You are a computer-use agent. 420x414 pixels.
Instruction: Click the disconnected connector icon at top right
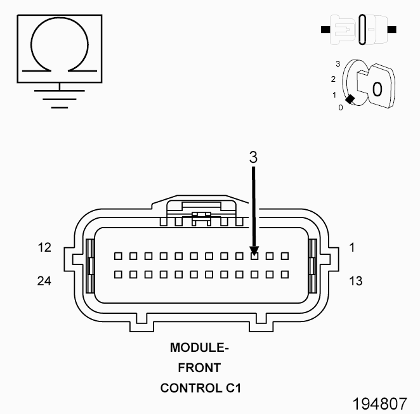pyautogui.click(x=360, y=29)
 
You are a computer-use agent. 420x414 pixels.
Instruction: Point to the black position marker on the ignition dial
pyautogui.click(x=349, y=99)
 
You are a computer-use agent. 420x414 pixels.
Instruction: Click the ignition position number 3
pyautogui.click(x=338, y=64)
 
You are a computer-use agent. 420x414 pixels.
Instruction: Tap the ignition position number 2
pyautogui.click(x=334, y=79)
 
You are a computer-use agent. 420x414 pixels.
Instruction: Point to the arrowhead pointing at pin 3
pyautogui.click(x=253, y=250)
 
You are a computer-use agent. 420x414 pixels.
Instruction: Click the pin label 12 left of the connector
pyautogui.click(x=44, y=248)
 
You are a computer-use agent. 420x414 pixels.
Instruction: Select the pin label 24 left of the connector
pyautogui.click(x=44, y=280)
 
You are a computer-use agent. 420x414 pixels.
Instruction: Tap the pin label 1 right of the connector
pyautogui.click(x=351, y=248)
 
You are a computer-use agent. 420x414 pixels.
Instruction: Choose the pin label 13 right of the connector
pyautogui.click(x=355, y=280)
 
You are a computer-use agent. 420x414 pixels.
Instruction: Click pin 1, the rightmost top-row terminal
pyautogui.click(x=285, y=256)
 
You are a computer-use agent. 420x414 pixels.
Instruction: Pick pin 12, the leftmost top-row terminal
pyautogui.click(x=117, y=256)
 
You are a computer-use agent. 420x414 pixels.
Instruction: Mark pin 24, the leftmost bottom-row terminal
pyautogui.click(x=117, y=275)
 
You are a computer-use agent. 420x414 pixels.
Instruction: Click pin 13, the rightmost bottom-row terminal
pyautogui.click(x=285, y=275)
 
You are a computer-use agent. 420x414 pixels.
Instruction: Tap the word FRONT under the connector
pyautogui.click(x=199, y=368)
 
